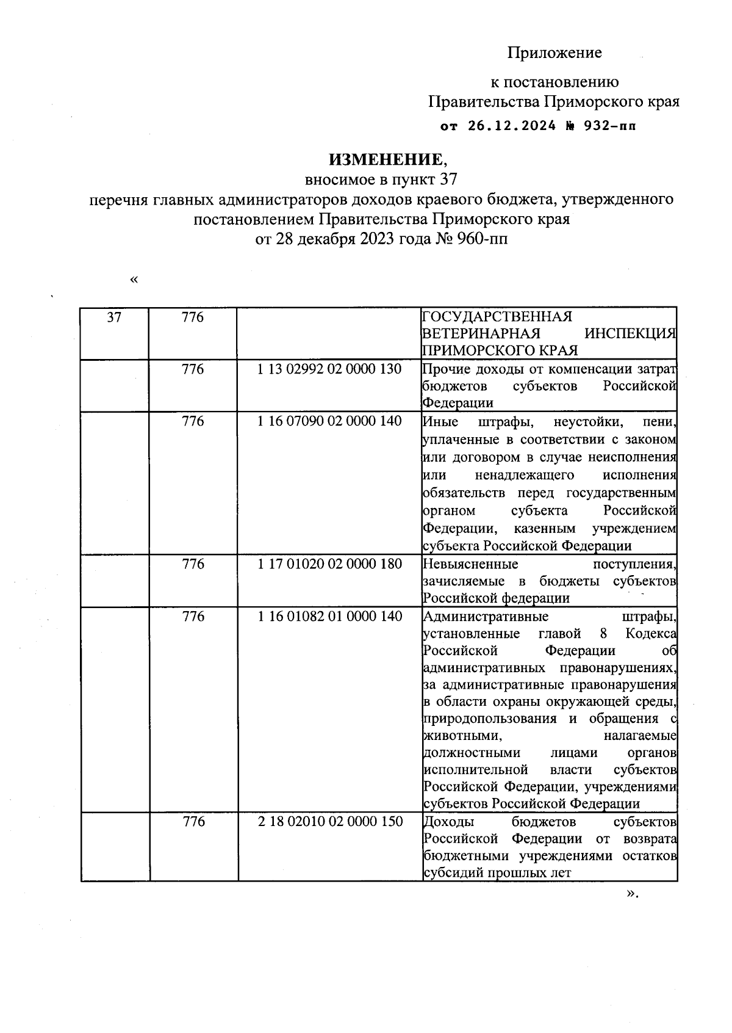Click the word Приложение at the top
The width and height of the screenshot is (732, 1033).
point(554,53)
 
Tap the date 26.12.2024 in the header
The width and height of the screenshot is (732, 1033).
point(512,126)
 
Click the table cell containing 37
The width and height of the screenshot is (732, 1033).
point(114,317)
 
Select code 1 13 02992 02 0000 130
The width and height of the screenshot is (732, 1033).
point(329,369)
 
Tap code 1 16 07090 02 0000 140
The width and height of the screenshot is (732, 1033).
point(329,421)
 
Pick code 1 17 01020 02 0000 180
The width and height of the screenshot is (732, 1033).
point(329,564)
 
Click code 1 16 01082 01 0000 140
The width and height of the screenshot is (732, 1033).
point(329,617)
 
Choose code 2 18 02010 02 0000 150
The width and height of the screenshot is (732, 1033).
point(330,822)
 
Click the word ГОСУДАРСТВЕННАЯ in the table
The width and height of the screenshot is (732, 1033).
point(497,317)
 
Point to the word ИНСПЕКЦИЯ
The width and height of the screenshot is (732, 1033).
point(630,334)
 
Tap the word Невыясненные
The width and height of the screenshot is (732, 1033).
point(470,564)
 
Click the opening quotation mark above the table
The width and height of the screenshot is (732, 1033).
point(134,280)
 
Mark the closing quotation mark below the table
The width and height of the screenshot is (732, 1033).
point(630,894)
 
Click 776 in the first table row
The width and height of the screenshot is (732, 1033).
point(193,317)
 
